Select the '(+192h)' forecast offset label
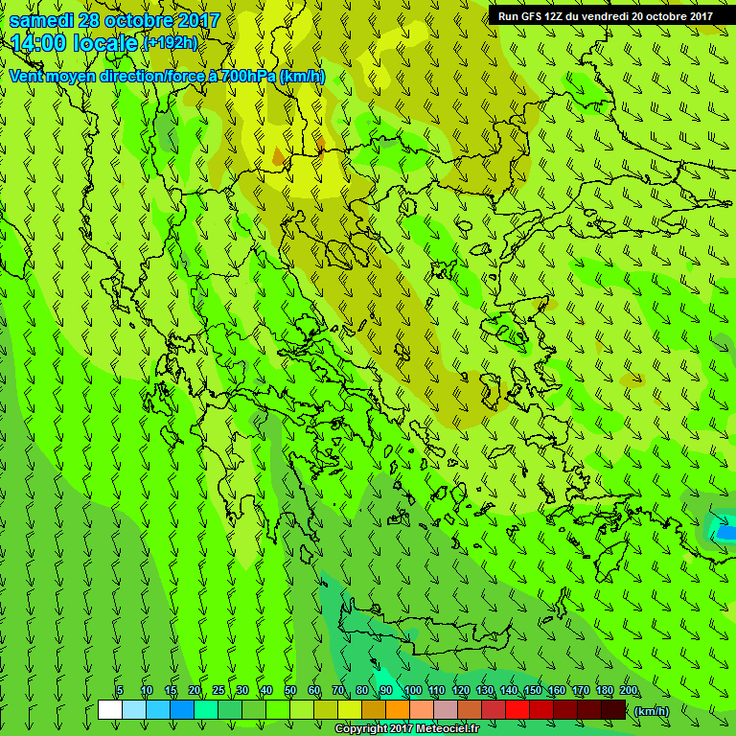click(170, 43)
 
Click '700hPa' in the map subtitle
click(247, 76)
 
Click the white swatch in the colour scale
click(110, 710)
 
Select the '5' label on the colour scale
click(120, 691)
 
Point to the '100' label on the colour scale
click(412, 691)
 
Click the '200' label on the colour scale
click(628, 691)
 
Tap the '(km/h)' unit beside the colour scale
click(652, 711)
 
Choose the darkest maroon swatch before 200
click(614, 710)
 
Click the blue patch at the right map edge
click(726, 531)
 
